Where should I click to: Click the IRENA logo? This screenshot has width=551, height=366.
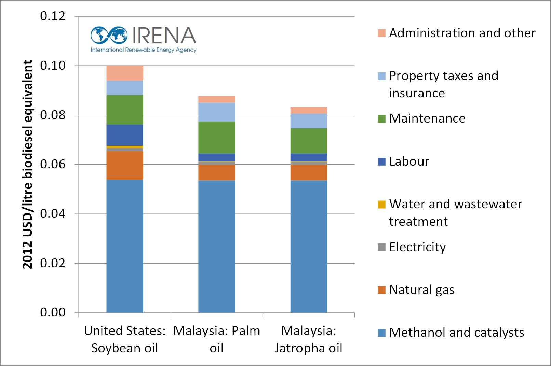pyautogui.click(x=144, y=39)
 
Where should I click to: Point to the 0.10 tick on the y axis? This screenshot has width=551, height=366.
pyautogui.click(x=53, y=65)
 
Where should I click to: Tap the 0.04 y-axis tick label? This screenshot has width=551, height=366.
pyautogui.click(x=53, y=214)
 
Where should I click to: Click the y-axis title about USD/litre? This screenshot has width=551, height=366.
pyautogui.click(x=27, y=164)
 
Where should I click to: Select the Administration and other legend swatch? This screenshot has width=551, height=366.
pyautogui.click(x=381, y=33)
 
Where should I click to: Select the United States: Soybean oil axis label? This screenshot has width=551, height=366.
pyautogui.click(x=125, y=339)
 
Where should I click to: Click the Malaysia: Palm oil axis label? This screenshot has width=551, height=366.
pyautogui.click(x=217, y=339)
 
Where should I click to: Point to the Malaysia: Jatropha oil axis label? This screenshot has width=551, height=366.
pyautogui.click(x=309, y=339)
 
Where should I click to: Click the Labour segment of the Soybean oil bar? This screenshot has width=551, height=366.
pyautogui.click(x=125, y=135)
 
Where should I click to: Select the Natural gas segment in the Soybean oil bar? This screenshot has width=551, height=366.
pyautogui.click(x=125, y=165)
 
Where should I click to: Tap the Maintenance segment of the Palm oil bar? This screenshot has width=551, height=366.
pyautogui.click(x=217, y=138)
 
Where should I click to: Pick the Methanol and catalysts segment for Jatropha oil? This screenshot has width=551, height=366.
pyautogui.click(x=309, y=246)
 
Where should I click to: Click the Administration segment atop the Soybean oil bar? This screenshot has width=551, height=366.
pyautogui.click(x=125, y=73)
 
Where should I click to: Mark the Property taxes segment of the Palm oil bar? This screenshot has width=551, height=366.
pyautogui.click(x=217, y=112)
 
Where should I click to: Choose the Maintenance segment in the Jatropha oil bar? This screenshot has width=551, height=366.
pyautogui.click(x=309, y=141)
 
